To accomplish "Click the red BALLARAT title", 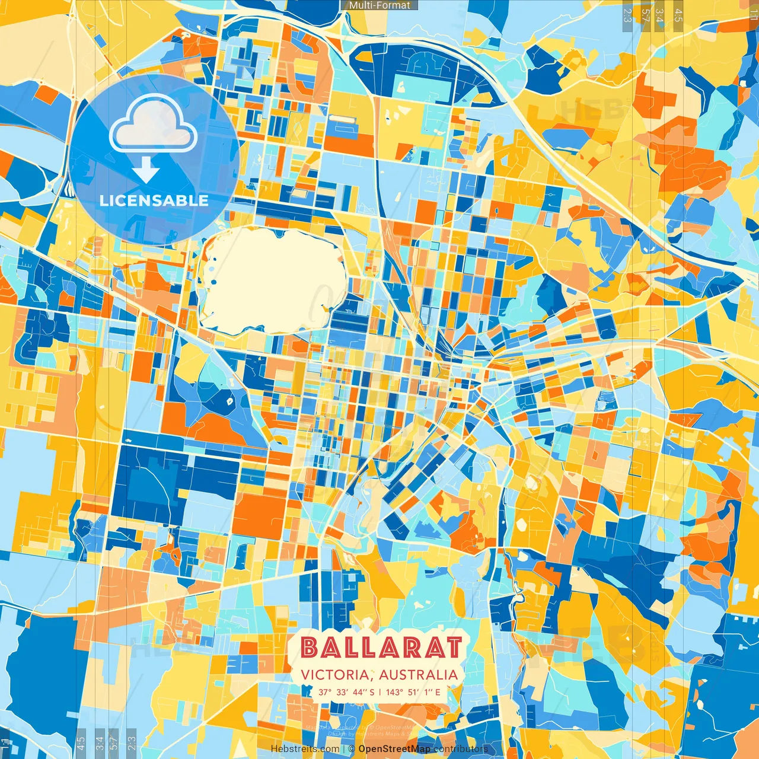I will pyautogui.click(x=381, y=648).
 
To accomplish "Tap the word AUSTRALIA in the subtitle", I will pyautogui.click(x=418, y=675).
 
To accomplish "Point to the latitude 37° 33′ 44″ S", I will pyautogui.click(x=346, y=692).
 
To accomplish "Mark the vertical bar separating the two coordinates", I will pyautogui.click(x=379, y=692).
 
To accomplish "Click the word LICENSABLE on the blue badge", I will pyautogui.click(x=154, y=200).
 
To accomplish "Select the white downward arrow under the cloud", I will pyautogui.click(x=146, y=170).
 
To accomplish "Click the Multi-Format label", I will pyautogui.click(x=379, y=5).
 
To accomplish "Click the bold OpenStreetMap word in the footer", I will pyautogui.click(x=394, y=749).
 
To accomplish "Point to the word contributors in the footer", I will pyautogui.click(x=461, y=749).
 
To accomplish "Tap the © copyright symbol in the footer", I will pyautogui.click(x=351, y=749).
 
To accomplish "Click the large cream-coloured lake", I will pyautogui.click(x=273, y=279).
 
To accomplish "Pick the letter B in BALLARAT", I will pyautogui.click(x=309, y=648).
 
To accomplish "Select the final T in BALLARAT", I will pyautogui.click(x=454, y=648).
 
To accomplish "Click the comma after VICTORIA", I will pyautogui.click(x=373, y=678).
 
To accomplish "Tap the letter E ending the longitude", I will pyautogui.click(x=438, y=692).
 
